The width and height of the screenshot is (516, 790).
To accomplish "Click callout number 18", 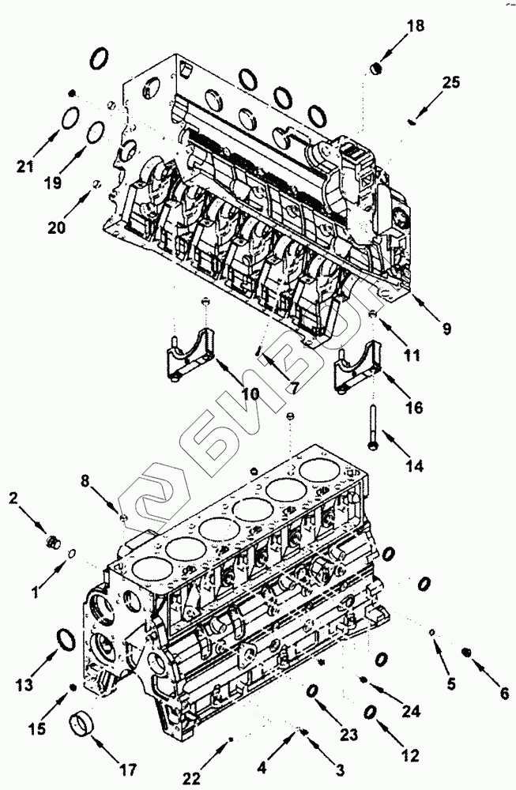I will coord(415,26).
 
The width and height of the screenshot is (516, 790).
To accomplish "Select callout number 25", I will coord(450,82).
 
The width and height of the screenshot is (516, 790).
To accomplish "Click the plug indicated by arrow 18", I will coord(377,71).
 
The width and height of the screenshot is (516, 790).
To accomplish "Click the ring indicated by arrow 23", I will coord(312,691).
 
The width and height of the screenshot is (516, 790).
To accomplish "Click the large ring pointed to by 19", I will coord(94,131).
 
